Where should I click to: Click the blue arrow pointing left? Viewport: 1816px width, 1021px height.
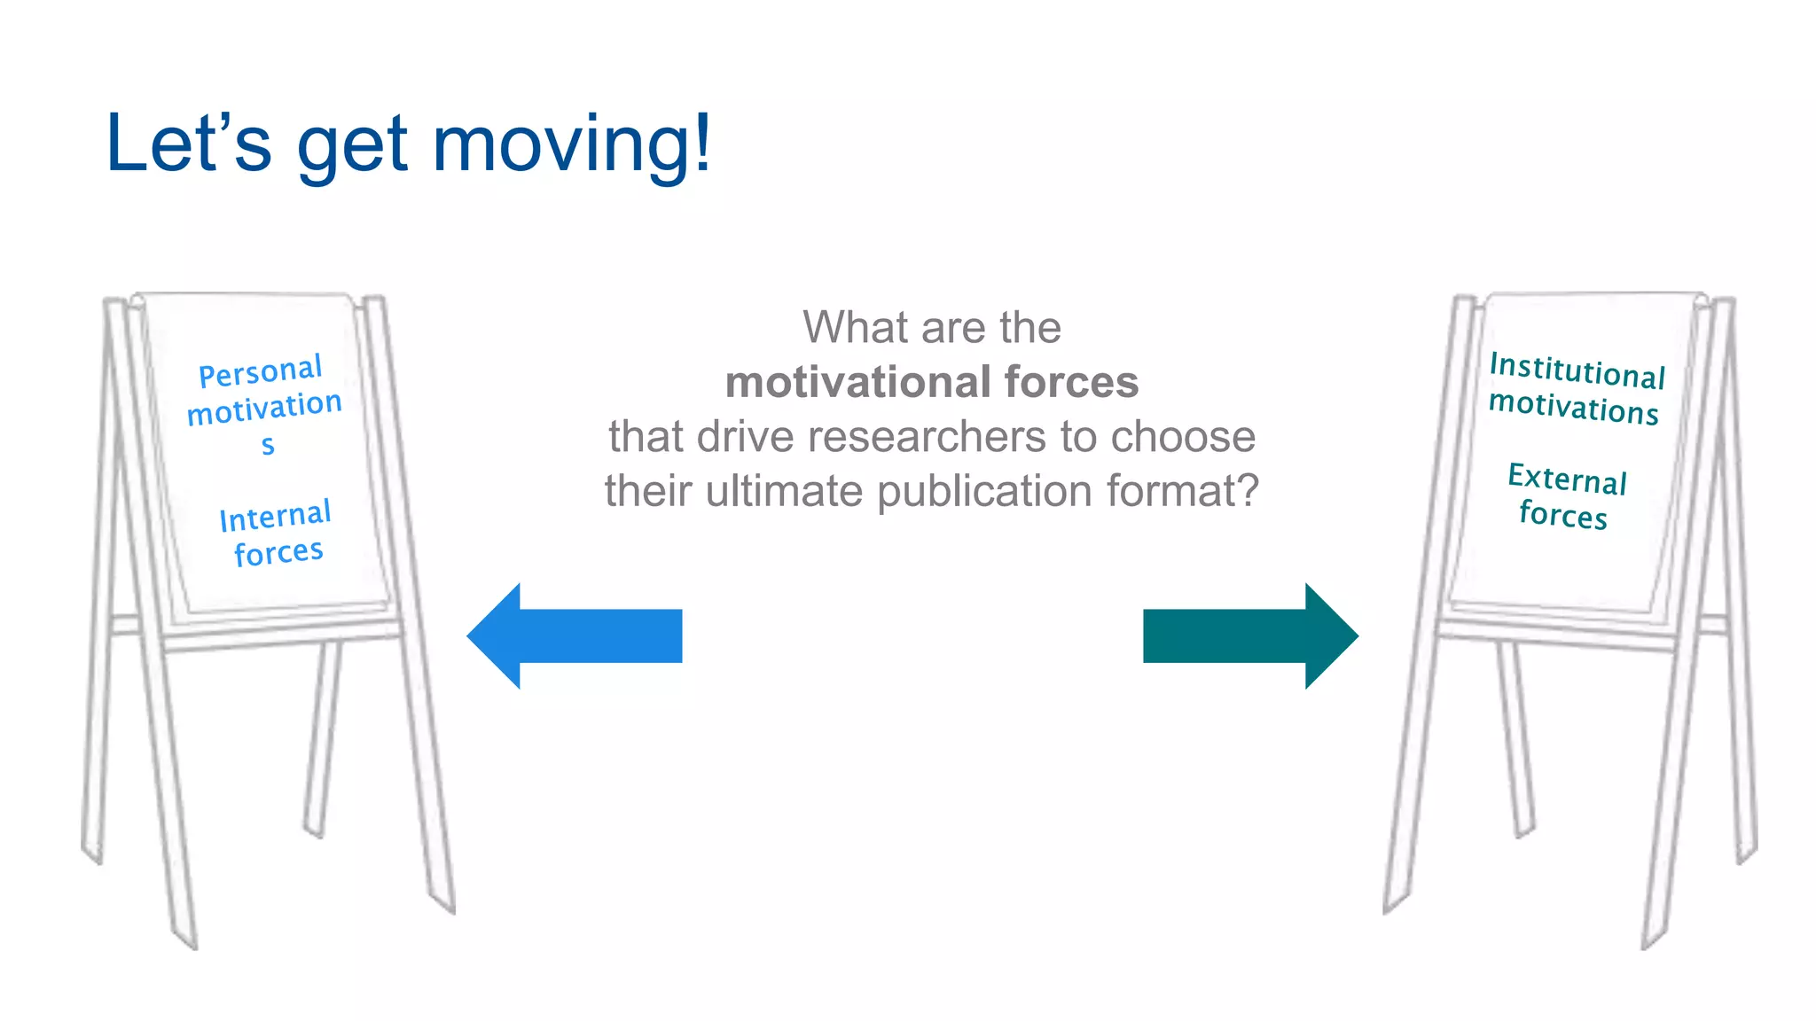(x=575, y=636)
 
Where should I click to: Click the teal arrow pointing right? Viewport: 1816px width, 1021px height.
(x=1250, y=636)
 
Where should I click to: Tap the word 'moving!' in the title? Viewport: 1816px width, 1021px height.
(x=572, y=144)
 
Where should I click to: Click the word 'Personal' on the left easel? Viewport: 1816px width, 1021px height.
(x=260, y=372)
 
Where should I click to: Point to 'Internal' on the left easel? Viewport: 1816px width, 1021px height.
(x=275, y=517)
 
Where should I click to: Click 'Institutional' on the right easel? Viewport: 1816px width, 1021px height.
(x=1577, y=370)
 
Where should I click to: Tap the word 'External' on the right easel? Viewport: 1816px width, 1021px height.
(x=1567, y=479)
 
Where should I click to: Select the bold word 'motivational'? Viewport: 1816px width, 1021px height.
(x=857, y=383)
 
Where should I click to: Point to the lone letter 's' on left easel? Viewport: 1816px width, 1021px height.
(x=268, y=446)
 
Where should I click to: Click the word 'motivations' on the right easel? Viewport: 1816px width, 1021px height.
(x=1573, y=408)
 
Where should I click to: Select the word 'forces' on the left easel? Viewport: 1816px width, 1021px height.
(x=278, y=553)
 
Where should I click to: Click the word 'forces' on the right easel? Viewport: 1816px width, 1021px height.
(x=1562, y=515)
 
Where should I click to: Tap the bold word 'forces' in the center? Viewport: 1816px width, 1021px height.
(x=1071, y=383)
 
